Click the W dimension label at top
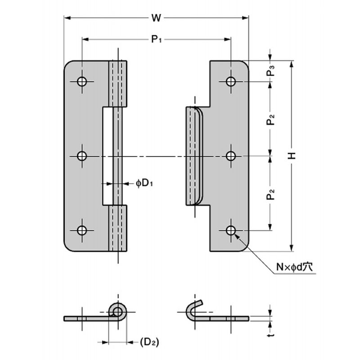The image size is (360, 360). click(156, 18)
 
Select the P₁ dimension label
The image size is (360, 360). click(156, 40)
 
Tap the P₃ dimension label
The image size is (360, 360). click(271, 71)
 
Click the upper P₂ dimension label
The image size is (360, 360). click(271, 119)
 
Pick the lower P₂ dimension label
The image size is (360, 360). click(271, 194)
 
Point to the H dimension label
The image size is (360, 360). click(292, 156)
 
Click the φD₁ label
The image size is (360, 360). click(144, 184)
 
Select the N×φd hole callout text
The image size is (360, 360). click(294, 267)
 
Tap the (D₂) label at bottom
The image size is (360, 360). click(149, 342)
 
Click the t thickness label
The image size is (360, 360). click(271, 335)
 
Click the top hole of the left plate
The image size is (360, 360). click(82, 81)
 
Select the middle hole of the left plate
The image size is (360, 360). click(82, 156)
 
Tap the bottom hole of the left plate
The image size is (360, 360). click(82, 230)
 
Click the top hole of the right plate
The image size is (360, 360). click(231, 81)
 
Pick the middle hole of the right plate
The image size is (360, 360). click(231, 156)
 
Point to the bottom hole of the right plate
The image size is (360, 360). click(231, 230)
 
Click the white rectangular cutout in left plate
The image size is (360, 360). click(108, 156)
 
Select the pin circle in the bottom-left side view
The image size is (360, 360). click(118, 312)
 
